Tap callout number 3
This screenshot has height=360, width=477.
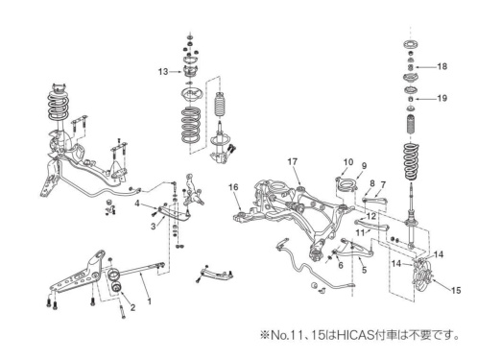tap(152, 226)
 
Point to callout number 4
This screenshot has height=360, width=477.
tap(138, 204)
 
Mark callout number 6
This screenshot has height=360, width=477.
tap(340, 265)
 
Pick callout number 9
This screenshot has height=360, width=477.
tap(364, 166)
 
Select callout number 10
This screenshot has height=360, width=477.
tap(348, 162)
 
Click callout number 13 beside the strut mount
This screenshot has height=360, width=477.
tap(163, 71)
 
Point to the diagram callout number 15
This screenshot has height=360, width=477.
tap(456, 289)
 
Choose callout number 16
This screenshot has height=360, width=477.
tap(232, 186)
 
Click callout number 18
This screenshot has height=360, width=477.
tap(441, 66)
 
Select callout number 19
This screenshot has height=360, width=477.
tap(441, 99)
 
